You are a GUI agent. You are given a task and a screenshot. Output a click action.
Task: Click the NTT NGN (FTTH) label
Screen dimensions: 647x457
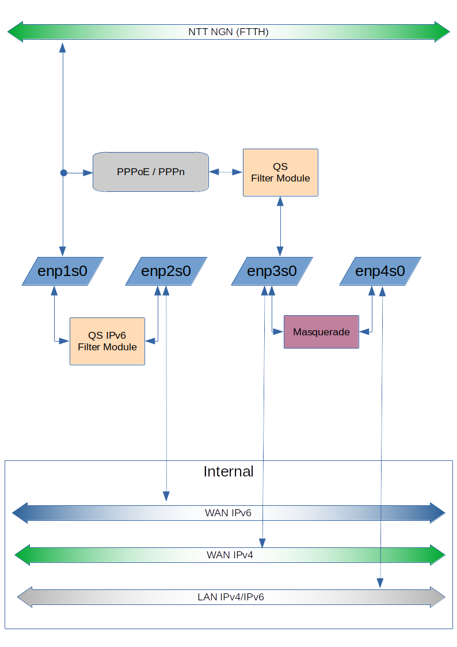[x=228, y=32]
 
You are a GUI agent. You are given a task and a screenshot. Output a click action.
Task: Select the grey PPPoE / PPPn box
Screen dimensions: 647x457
[x=150, y=172]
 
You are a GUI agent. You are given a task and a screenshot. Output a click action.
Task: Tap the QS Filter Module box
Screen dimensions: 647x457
[x=280, y=172]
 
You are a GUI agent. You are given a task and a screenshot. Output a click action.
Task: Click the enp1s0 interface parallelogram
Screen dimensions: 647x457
[x=63, y=271]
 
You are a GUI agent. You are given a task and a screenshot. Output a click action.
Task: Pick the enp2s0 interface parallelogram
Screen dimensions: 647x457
[x=166, y=271]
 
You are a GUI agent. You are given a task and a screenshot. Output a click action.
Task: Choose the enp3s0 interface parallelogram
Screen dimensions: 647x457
[x=272, y=271]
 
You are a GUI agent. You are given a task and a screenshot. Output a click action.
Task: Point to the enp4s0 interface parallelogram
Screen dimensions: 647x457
[x=380, y=271]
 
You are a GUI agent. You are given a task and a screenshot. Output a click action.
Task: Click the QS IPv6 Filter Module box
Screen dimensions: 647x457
[x=107, y=341]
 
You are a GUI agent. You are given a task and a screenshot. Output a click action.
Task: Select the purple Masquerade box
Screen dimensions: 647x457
[x=321, y=332]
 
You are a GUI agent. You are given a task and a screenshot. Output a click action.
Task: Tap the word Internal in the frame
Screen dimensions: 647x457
[x=228, y=471]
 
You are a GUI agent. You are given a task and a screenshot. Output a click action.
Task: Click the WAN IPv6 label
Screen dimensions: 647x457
[x=228, y=513]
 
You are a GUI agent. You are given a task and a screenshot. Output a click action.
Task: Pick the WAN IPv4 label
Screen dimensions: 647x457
[x=230, y=555]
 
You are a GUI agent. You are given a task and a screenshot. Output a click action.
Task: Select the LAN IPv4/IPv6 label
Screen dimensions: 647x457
[x=230, y=597]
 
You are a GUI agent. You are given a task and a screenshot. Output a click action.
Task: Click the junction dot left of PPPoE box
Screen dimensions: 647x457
[x=63, y=172]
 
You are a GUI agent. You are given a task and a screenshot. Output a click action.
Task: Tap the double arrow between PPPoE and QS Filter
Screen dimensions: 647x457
[x=226, y=172]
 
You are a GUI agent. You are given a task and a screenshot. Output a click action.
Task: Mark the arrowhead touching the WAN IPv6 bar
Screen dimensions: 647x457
[x=166, y=496]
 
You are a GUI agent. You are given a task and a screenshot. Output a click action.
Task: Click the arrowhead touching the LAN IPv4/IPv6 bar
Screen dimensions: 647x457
[x=380, y=583]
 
